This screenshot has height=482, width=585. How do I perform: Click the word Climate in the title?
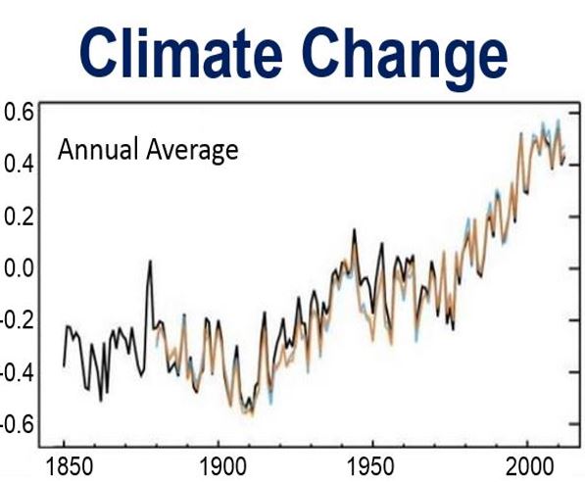(x=180, y=52)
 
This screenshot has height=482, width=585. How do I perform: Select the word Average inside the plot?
(x=192, y=151)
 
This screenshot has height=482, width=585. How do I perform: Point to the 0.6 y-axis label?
(x=19, y=113)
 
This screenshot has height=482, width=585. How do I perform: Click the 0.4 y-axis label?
(x=19, y=165)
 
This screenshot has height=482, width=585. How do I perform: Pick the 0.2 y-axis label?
(x=19, y=216)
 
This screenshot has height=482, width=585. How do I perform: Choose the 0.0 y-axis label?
(x=19, y=267)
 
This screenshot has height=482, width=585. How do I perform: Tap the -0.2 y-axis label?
(x=18, y=319)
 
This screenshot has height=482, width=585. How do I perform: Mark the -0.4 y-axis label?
(x=18, y=372)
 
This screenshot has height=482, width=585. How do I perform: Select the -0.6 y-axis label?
(x=18, y=424)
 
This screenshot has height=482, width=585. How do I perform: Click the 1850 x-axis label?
(x=70, y=466)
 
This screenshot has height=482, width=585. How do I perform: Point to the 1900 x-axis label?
(x=223, y=466)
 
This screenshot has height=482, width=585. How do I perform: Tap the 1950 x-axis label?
(x=370, y=466)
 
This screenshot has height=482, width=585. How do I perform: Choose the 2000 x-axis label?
(x=529, y=466)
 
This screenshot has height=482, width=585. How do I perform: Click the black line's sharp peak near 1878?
(x=150, y=261)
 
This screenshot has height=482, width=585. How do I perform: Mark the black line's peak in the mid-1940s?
(x=354, y=229)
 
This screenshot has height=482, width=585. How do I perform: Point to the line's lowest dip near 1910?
(x=252, y=413)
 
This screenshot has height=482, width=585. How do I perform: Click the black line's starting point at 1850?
(x=64, y=366)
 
